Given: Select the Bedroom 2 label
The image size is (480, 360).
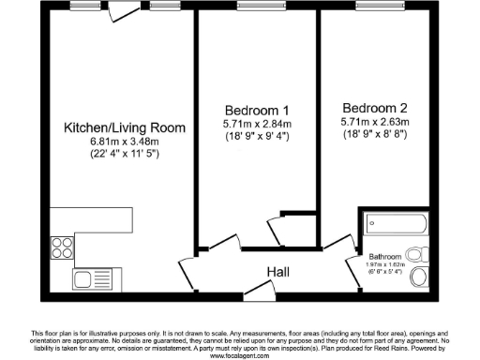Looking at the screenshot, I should tap(373, 107).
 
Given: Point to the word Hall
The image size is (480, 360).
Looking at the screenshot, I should tap(277, 273).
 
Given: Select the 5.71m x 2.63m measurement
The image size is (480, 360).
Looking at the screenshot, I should tap(373, 121).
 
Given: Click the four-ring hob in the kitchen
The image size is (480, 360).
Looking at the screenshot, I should tap(63, 247).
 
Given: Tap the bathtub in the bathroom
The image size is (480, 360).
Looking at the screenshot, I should tap(397, 225).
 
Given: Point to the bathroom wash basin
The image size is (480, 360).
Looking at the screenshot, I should tap(421, 274).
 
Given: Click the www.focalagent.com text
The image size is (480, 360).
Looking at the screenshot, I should tap(239, 356).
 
